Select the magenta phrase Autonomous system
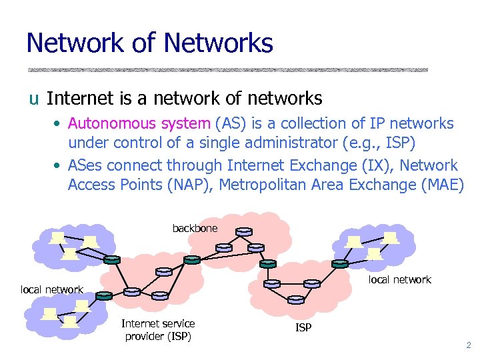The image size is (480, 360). (x=139, y=123)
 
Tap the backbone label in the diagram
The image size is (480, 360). (x=195, y=229)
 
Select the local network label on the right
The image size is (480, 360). (x=400, y=279)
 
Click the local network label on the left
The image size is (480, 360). (x=52, y=289)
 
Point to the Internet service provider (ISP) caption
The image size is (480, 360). (x=158, y=330)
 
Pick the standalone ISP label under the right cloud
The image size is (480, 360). (x=303, y=327)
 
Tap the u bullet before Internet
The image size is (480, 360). (x=33, y=100)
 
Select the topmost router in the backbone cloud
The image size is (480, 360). (x=244, y=232)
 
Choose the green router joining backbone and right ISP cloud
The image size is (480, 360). (x=268, y=263)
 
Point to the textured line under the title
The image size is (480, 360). (x=227, y=70)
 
